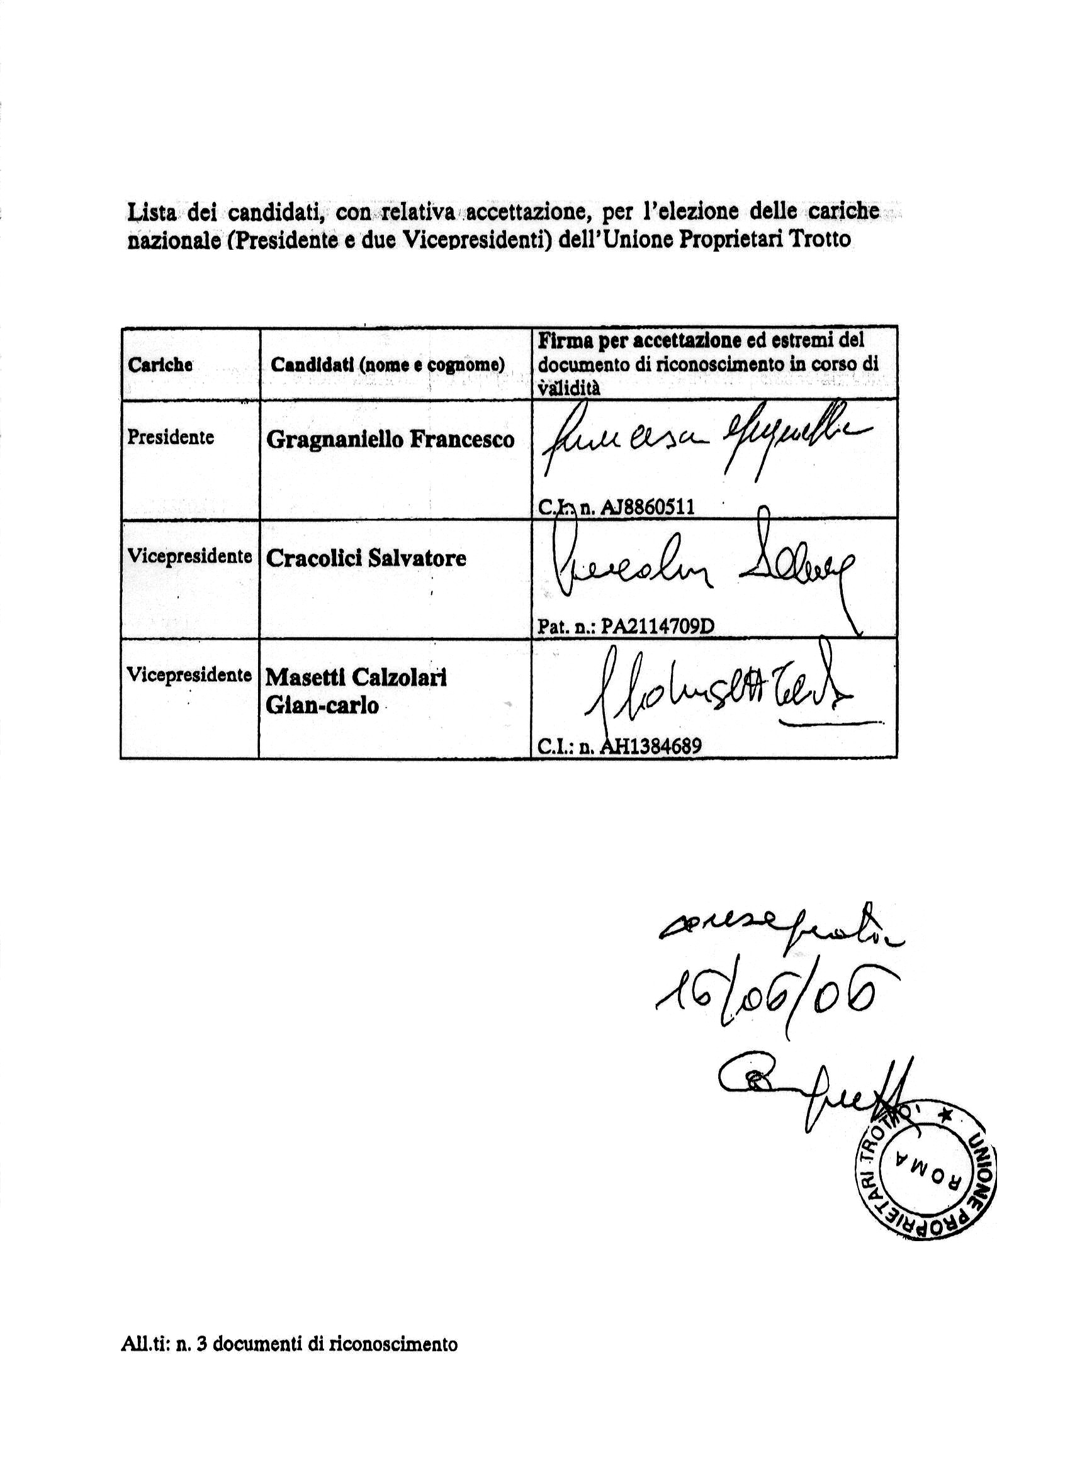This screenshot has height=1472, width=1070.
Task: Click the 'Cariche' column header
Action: [x=160, y=365]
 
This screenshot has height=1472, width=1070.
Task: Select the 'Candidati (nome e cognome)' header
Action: [x=388, y=365]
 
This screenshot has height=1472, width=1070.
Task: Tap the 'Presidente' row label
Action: [x=170, y=437]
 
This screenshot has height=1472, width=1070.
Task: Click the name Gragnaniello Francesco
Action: [x=390, y=440]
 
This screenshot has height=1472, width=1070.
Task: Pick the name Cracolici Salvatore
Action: [x=366, y=558]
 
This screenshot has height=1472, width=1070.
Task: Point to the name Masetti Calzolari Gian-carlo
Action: [x=356, y=691]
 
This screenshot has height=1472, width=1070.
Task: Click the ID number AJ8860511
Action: [x=647, y=506]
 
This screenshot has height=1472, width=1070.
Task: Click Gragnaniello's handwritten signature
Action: [x=704, y=442]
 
